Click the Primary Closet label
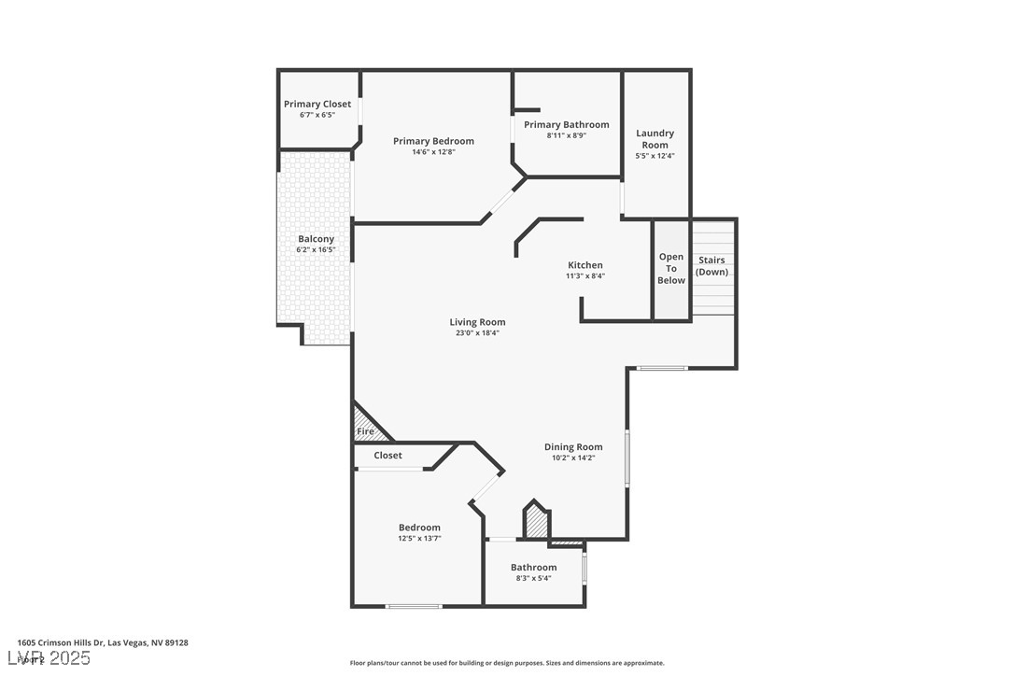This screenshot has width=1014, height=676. (x=317, y=104)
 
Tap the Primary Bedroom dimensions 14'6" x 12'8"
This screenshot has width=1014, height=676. (x=433, y=152)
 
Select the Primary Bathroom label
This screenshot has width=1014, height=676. (x=566, y=124)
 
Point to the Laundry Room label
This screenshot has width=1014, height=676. (x=655, y=139)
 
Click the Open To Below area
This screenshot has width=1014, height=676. (x=670, y=269)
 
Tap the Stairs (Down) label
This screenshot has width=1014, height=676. (x=712, y=265)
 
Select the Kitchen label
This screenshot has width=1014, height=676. (x=585, y=265)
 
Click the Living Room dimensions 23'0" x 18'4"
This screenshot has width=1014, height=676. (x=477, y=333)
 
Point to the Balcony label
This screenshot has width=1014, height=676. (x=316, y=239)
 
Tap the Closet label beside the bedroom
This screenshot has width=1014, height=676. (x=387, y=456)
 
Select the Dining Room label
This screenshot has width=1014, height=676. (x=573, y=447)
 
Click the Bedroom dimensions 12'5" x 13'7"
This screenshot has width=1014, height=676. (x=419, y=539)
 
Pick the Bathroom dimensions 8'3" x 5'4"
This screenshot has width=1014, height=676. (x=533, y=579)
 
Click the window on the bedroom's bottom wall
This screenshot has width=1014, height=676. (x=414, y=607)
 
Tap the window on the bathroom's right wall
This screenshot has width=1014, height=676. (x=584, y=568)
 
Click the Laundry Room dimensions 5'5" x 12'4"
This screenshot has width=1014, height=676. (x=655, y=156)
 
